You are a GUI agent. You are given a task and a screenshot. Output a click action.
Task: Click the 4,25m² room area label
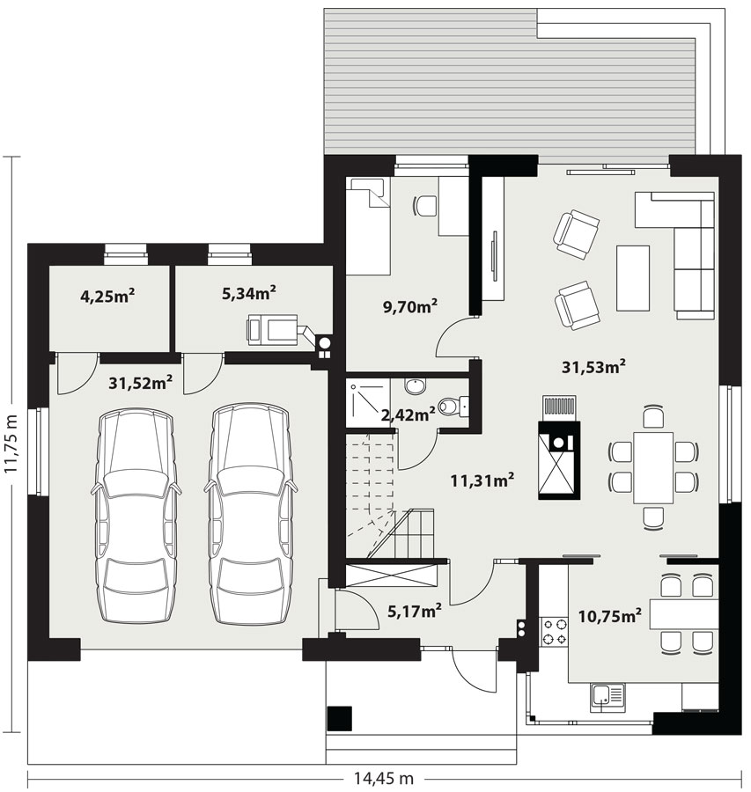107,296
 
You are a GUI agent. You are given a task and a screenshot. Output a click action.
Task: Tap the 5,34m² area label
248,292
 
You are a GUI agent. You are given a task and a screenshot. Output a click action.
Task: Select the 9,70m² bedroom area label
410,306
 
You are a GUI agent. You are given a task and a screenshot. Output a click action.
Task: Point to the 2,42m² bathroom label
408,415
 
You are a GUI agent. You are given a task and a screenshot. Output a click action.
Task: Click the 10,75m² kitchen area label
610,616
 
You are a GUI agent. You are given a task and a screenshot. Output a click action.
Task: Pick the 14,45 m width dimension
383,779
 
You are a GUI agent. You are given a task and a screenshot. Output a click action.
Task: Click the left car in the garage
136,517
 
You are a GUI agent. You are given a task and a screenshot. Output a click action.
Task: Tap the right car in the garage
249,514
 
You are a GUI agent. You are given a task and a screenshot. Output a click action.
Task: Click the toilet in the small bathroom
453,406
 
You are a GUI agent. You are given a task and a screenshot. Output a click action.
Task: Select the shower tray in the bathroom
368,402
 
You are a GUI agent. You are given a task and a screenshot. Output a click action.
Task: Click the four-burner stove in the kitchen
555,632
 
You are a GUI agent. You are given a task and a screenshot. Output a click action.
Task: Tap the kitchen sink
607,698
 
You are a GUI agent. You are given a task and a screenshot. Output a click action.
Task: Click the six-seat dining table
653,468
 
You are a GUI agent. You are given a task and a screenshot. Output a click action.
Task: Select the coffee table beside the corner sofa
633,278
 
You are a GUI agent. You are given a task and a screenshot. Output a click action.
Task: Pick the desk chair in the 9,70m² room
425,206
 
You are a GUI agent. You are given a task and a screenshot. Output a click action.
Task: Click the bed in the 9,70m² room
368,226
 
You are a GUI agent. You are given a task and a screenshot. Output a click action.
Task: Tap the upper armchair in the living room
576,235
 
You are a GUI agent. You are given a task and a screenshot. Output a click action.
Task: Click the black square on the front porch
340,718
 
